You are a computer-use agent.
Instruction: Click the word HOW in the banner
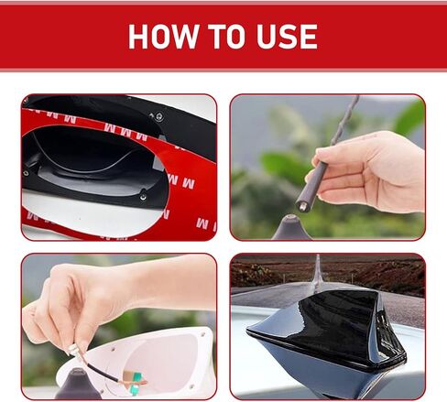coord(164,37)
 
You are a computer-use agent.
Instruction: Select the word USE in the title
coord(287,37)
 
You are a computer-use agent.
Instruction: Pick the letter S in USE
coord(287,37)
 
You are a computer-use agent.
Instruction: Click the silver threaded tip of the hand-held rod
coord(301,206)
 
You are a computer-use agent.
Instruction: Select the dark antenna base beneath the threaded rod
coord(291,228)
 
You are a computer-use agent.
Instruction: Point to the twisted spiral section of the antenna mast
coord(345,120)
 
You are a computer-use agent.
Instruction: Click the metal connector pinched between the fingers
coord(74,350)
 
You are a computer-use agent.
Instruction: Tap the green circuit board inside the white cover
coord(136,383)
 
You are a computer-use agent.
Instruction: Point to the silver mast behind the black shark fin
coord(318,272)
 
